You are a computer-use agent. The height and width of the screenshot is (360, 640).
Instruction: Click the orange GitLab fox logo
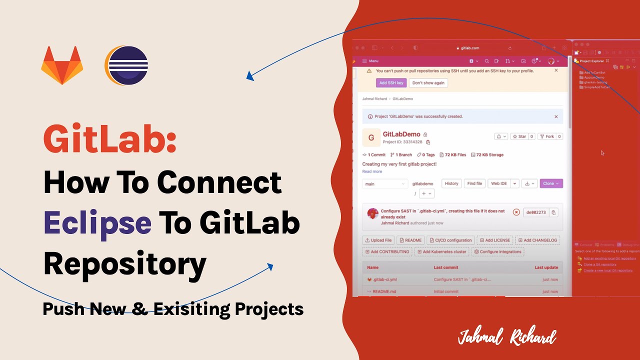click(x=62, y=65)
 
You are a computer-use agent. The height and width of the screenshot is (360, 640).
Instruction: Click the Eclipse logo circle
click(x=127, y=65)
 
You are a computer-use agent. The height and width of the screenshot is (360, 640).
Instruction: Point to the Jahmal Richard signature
click(x=506, y=337)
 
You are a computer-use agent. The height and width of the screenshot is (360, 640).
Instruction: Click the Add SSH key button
click(x=391, y=83)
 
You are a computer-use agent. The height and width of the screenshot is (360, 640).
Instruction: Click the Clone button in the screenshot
click(x=551, y=183)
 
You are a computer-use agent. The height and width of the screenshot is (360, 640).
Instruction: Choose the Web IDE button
click(x=499, y=183)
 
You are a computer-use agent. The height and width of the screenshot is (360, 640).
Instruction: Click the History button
click(x=451, y=183)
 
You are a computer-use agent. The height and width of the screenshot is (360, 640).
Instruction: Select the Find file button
click(x=474, y=183)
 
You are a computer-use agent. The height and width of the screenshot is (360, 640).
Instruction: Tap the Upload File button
click(x=378, y=240)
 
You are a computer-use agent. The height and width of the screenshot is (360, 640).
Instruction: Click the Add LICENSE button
click(x=494, y=240)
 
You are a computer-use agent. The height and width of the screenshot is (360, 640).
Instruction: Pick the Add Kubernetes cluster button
click(x=441, y=251)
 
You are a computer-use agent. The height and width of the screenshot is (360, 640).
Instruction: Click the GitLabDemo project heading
click(x=401, y=134)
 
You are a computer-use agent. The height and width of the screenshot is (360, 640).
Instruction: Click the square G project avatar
click(x=371, y=138)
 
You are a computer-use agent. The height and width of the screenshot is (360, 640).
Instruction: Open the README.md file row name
click(x=384, y=291)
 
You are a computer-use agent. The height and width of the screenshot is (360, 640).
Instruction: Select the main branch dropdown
click(x=384, y=184)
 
